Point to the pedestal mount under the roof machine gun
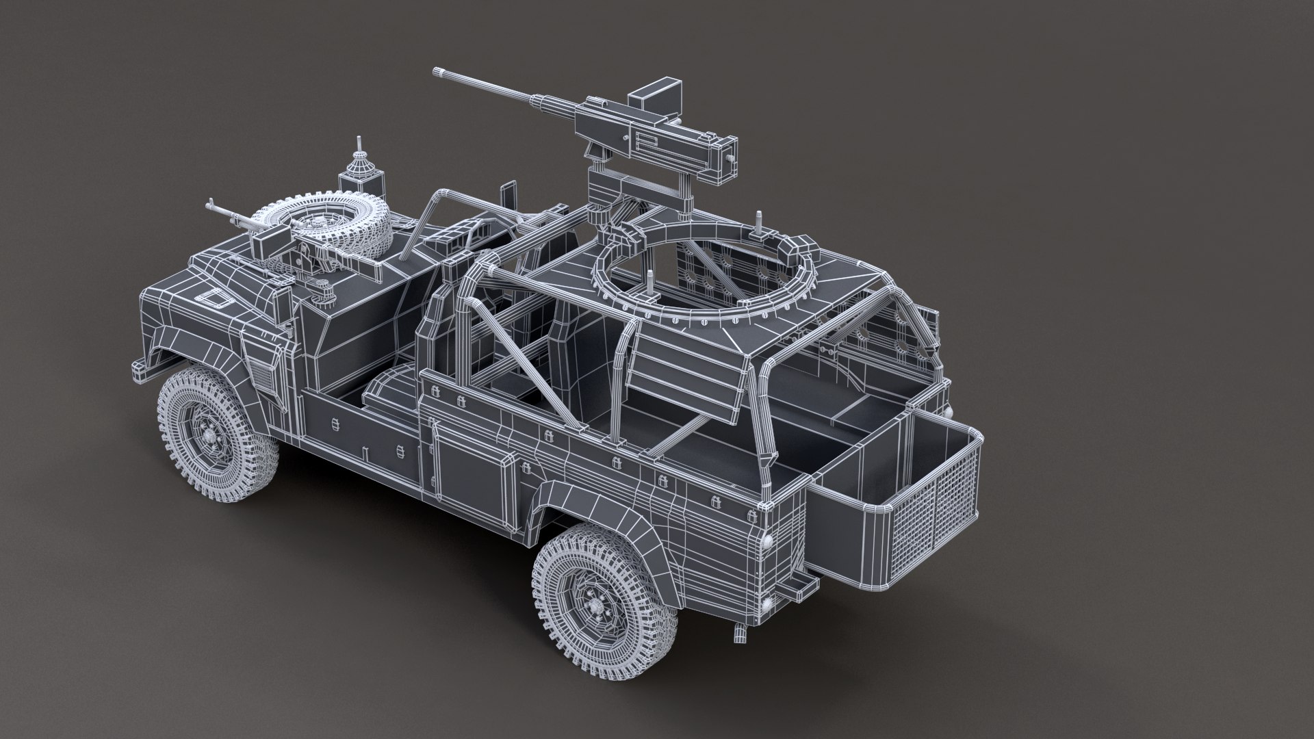click(x=602, y=198)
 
